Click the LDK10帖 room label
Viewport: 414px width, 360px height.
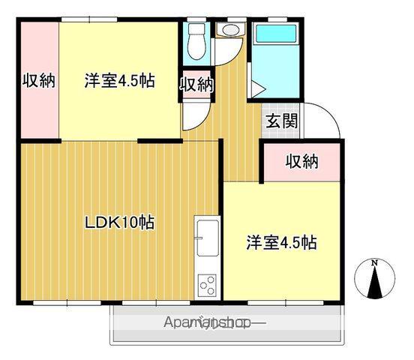[120, 222]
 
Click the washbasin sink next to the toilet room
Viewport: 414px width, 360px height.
[228, 31]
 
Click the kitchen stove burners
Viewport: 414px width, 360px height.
[206, 285]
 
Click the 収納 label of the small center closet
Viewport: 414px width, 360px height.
[196, 84]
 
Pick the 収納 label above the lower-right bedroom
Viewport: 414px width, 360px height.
[302, 160]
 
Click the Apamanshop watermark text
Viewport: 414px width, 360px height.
[214, 324]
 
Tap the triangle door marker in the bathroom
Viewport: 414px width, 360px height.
[256, 90]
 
